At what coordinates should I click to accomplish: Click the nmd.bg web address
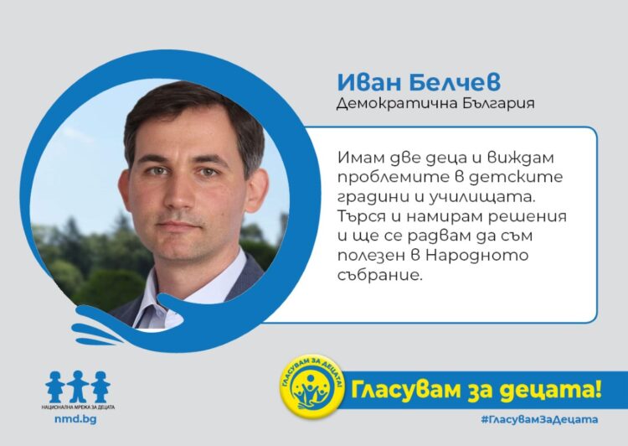[x=75, y=419]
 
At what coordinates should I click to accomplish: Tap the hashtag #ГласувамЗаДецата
[x=539, y=419]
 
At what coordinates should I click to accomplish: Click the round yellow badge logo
[x=312, y=386]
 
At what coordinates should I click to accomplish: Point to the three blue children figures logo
[x=78, y=386]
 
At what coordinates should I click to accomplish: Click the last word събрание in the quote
[x=378, y=276]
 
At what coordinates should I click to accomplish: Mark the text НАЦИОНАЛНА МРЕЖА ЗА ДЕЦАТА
[x=78, y=407]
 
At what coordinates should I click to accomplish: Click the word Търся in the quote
[x=359, y=216]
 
